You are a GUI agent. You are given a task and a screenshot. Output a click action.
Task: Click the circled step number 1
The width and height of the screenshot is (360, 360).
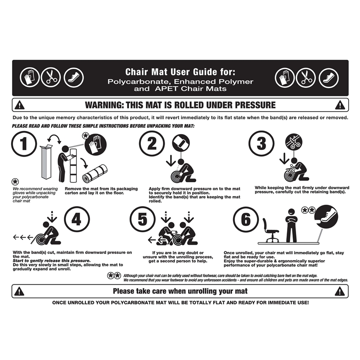[24, 144]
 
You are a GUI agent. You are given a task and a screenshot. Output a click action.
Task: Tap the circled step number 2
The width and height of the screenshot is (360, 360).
[152, 144]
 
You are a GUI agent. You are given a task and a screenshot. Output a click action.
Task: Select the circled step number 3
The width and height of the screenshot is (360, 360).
[261, 143]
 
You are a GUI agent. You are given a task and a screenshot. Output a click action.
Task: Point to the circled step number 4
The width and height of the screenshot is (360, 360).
[76, 219]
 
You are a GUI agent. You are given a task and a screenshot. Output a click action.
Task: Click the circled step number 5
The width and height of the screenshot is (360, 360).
[142, 219]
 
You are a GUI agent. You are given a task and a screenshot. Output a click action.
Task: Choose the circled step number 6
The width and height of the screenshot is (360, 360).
[246, 219]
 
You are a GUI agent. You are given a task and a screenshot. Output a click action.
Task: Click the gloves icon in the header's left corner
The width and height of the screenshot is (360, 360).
[30, 77]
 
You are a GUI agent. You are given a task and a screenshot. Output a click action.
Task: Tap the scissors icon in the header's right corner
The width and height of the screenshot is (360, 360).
[306, 78]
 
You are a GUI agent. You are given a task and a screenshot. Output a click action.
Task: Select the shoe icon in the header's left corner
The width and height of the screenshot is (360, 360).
[74, 77]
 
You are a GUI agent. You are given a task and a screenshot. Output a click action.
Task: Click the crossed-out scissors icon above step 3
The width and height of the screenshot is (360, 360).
[294, 142]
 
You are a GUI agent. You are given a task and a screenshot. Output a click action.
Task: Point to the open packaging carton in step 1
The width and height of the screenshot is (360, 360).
[46, 162]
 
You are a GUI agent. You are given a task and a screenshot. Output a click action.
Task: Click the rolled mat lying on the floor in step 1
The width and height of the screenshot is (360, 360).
[94, 174]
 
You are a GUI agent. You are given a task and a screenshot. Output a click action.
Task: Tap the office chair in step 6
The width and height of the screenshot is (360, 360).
[270, 230]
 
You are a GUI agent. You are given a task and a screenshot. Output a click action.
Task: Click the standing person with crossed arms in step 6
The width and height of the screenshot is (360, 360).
[291, 225]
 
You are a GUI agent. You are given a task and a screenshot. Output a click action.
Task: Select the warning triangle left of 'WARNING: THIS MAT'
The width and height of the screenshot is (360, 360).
[19, 105]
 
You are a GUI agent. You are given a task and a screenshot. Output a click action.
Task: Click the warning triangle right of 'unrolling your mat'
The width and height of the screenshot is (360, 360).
[340, 291]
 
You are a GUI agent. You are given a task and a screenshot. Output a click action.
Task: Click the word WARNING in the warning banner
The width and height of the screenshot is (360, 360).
[104, 105]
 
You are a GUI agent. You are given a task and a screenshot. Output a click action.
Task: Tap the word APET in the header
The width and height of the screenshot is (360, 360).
[166, 89]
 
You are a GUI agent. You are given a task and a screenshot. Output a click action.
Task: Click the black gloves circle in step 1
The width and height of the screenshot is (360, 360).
[95, 144]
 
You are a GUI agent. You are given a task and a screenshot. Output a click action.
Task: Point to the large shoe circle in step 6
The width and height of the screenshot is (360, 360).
[326, 216]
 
